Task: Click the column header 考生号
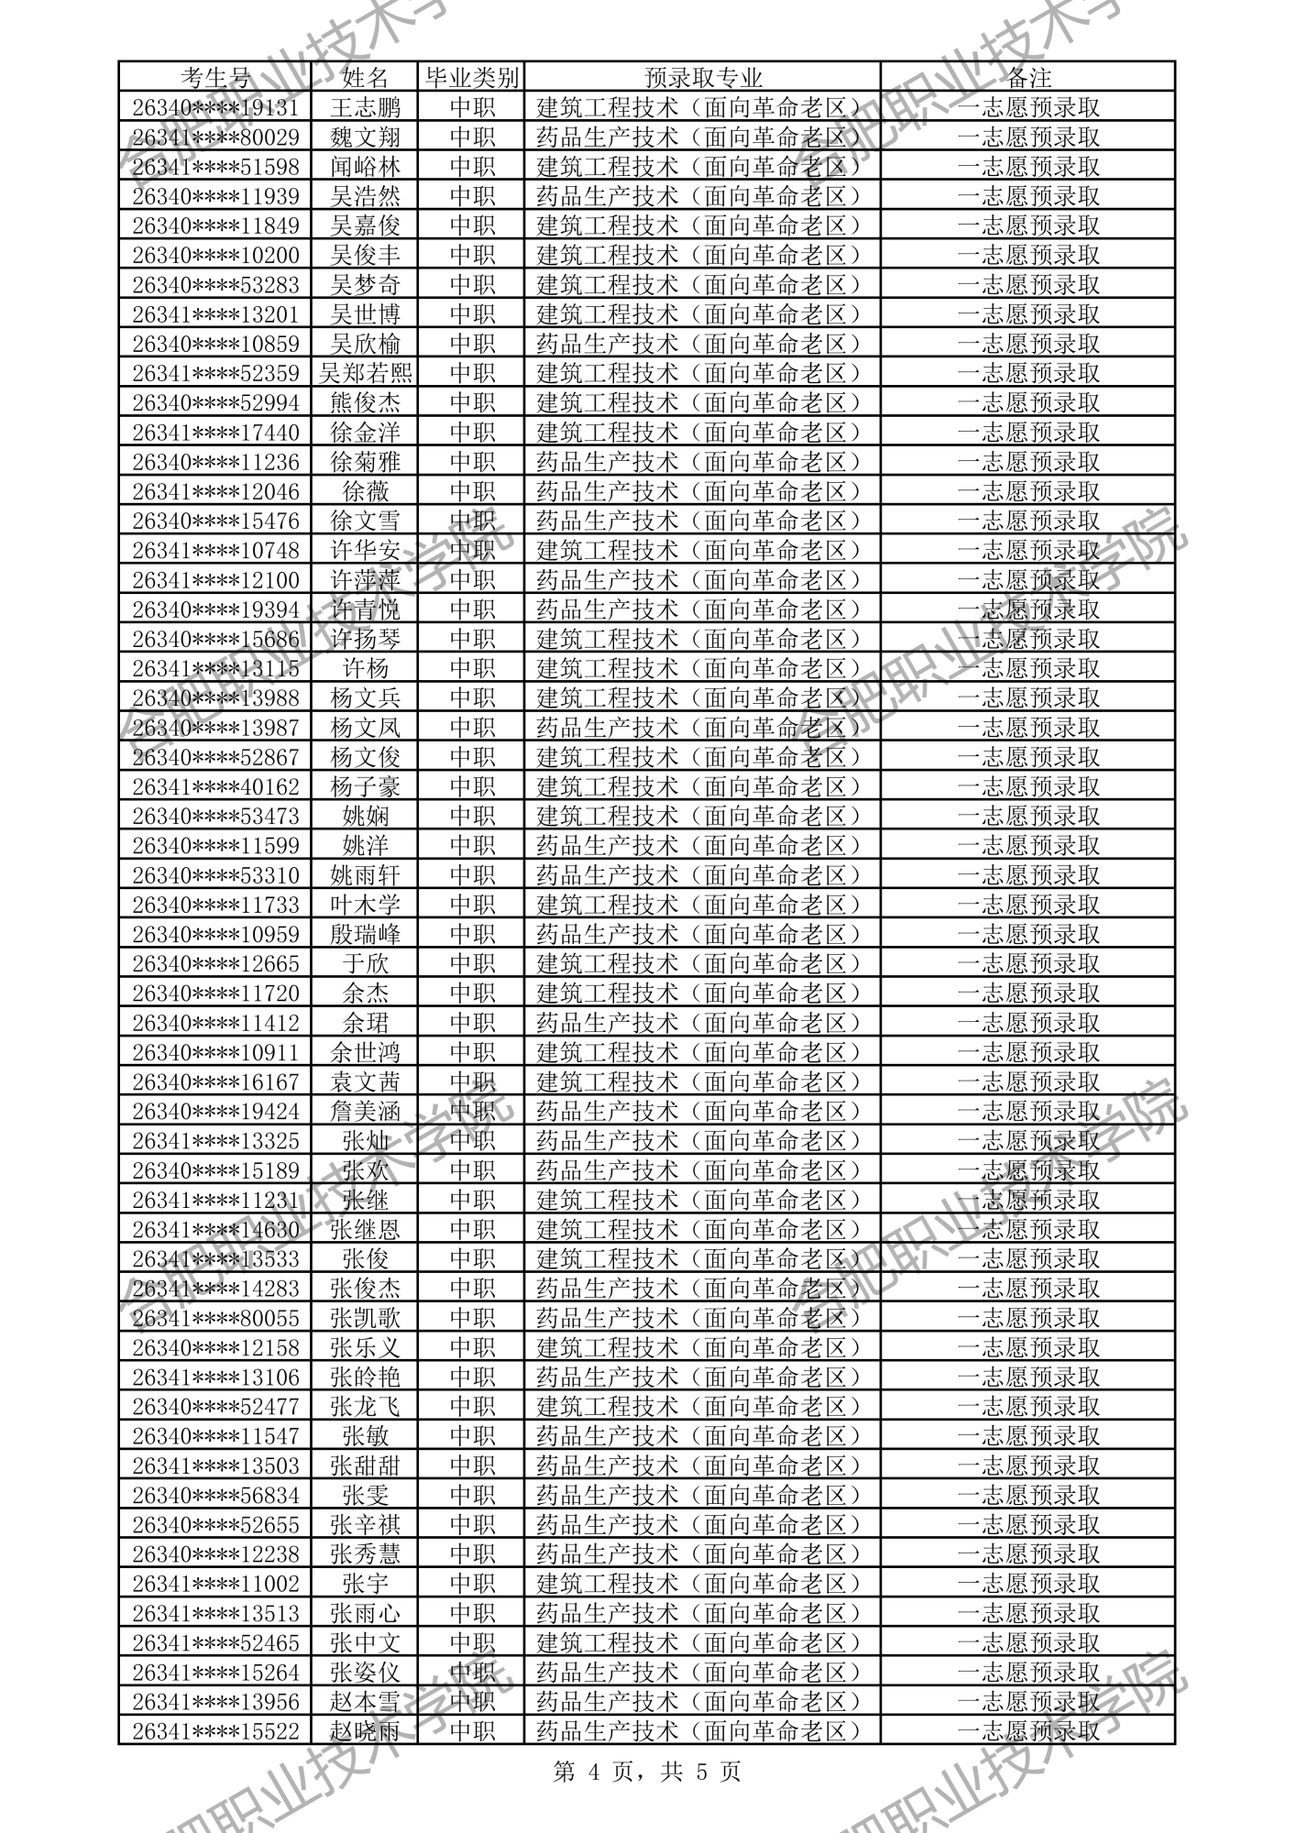coord(215,77)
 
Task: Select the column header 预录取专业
coord(702,77)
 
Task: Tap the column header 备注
coord(1027,77)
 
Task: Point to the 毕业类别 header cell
coord(472,77)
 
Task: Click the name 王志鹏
coord(366,107)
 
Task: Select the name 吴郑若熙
coord(366,373)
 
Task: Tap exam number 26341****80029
coord(215,137)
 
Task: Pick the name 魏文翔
coord(366,137)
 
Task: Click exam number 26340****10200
coord(215,255)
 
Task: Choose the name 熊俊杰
coord(366,402)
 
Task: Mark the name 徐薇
coord(366,491)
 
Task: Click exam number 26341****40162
coord(215,786)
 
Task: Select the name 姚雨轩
coord(366,875)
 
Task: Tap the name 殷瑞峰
coord(366,934)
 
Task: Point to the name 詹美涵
coord(366,1111)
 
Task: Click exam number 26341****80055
coord(215,1318)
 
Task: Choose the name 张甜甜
coord(366,1465)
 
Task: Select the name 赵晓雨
coord(366,1731)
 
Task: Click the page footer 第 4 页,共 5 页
coord(647,1772)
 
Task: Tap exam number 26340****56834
coord(215,1495)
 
